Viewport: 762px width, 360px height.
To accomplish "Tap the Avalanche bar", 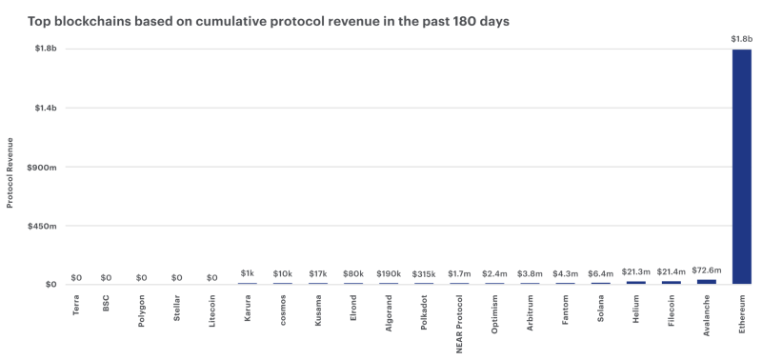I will click(706, 281).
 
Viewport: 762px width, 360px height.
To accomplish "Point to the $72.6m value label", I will click(706, 270).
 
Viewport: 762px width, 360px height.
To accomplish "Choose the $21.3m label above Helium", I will click(635, 273).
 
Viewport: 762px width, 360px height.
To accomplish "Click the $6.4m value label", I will click(600, 274).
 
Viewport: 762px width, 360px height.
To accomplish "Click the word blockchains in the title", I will click(86, 18).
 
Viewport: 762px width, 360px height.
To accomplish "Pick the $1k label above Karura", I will click(248, 275).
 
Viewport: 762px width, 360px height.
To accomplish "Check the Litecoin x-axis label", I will click(212, 315).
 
